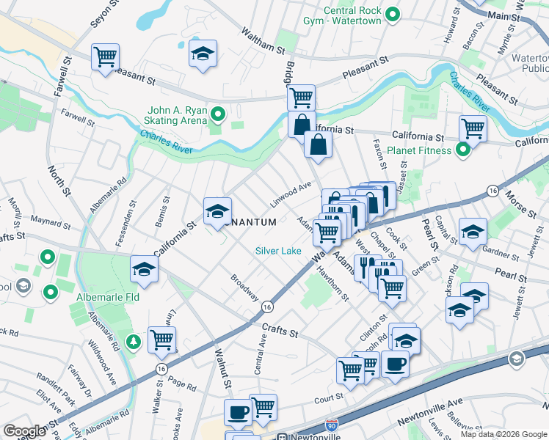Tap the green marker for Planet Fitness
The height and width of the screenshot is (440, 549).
(x=462, y=150)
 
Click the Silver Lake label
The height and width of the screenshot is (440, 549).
(x=278, y=251)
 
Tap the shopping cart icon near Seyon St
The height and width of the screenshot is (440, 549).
(x=105, y=56)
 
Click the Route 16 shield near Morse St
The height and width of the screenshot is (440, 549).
(x=491, y=191)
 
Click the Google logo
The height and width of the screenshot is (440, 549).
(x=25, y=430)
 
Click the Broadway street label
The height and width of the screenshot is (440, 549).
(x=245, y=287)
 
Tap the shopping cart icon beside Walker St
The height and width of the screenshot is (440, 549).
(x=161, y=339)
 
